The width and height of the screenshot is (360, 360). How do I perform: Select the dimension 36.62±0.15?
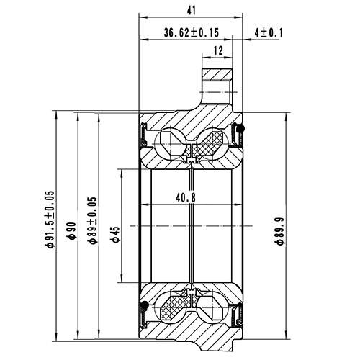tap(191, 32)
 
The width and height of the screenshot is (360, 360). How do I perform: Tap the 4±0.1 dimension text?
tap(269, 32)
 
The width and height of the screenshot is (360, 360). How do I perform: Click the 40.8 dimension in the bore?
tap(185, 199)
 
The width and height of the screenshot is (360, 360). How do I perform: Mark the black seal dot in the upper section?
tap(241, 129)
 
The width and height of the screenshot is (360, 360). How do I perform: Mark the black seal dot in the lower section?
tap(143, 309)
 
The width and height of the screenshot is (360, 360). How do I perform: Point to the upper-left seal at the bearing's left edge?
tap(144, 133)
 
